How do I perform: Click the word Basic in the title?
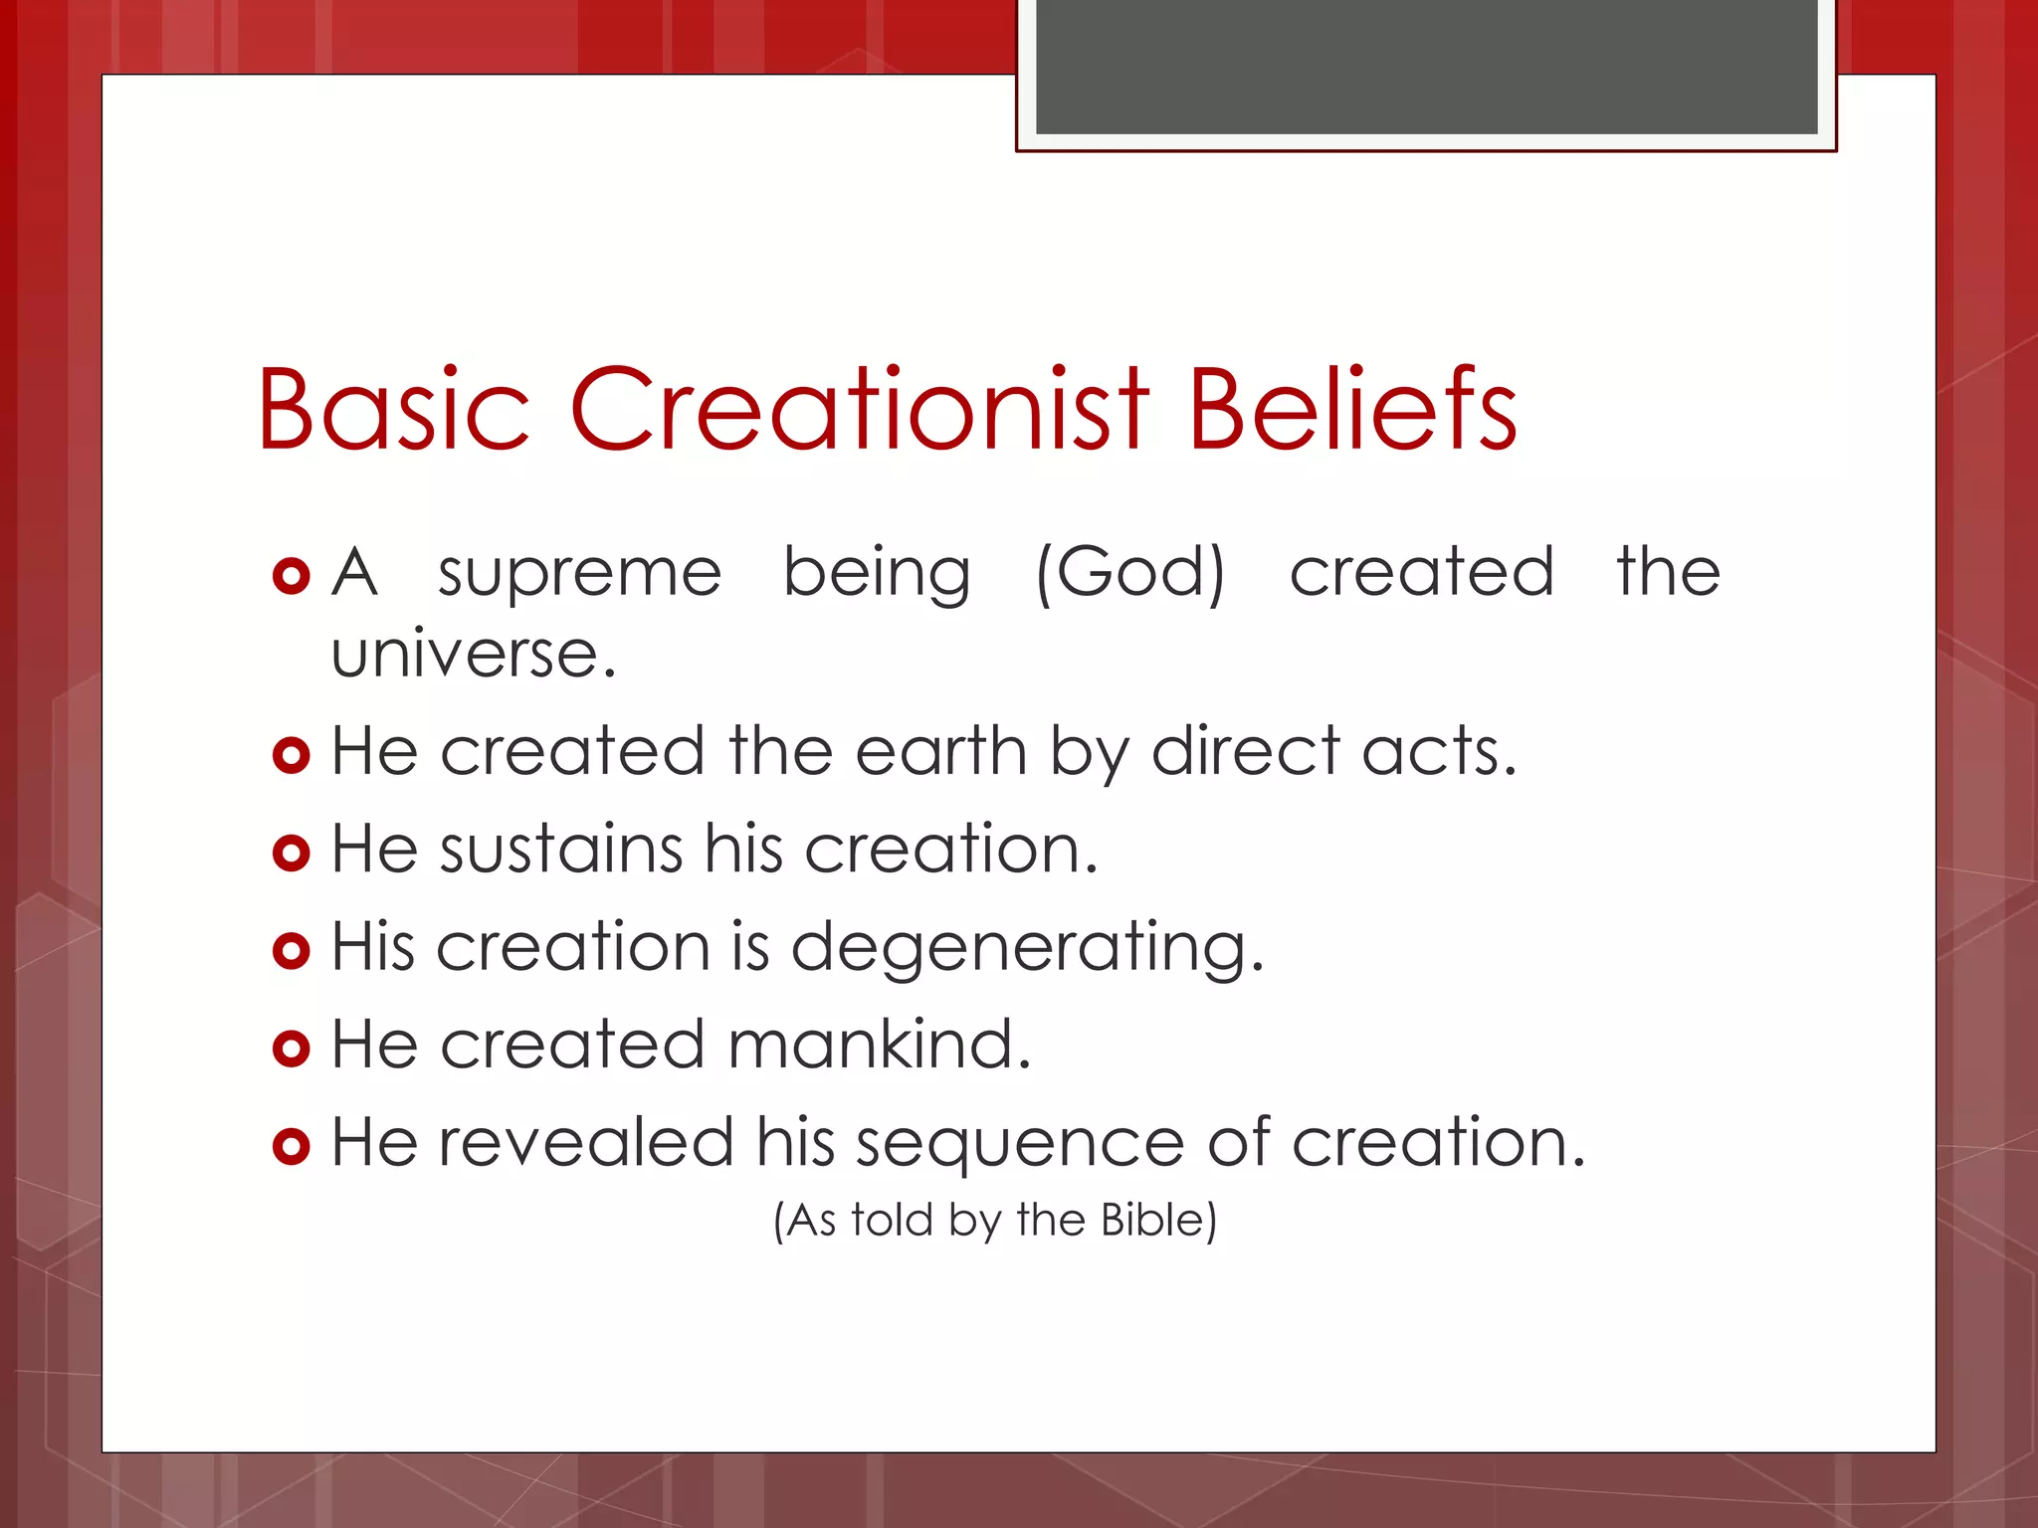click(393, 410)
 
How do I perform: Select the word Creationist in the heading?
click(859, 410)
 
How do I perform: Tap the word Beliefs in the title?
click(1352, 410)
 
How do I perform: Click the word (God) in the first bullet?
click(1130, 573)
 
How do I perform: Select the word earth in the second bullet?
click(940, 751)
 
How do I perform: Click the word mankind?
click(880, 1045)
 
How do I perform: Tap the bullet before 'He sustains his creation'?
click(291, 853)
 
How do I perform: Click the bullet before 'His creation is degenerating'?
click(291, 950)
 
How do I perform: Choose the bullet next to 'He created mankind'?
click(291, 1048)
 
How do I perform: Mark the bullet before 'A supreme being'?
click(291, 576)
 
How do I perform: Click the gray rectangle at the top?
click(1426, 67)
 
